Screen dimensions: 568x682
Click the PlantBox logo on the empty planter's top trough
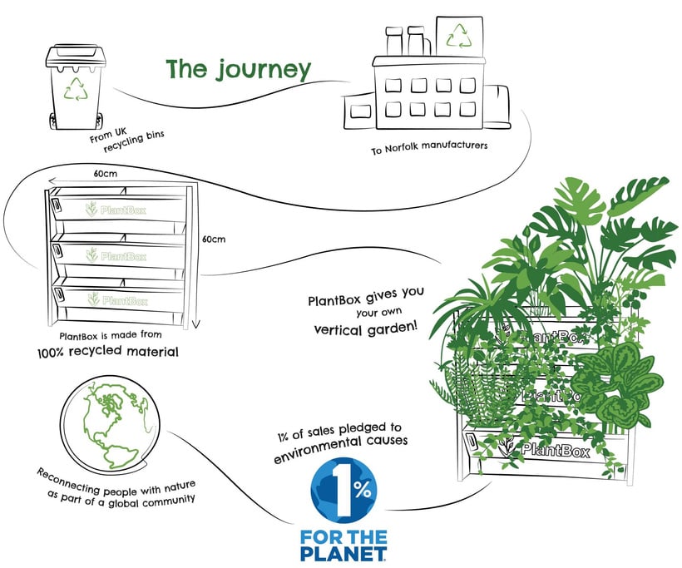tap(117, 210)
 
